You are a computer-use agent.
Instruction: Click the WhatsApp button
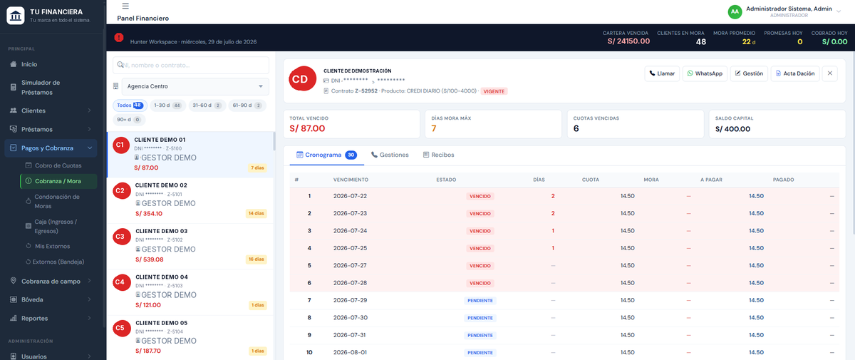(705, 73)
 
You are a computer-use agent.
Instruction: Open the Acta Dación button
(795, 73)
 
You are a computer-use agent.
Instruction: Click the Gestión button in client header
(749, 73)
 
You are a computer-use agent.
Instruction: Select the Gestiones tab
(390, 155)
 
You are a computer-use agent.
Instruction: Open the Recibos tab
(439, 155)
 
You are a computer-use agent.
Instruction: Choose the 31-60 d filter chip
(207, 106)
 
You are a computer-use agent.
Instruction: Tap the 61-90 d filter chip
(247, 106)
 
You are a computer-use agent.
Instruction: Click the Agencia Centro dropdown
(195, 86)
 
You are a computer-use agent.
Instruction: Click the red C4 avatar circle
(122, 282)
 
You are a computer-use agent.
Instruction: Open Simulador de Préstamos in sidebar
(41, 88)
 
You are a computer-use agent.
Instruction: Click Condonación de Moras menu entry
(57, 201)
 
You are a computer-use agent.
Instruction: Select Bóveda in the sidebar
(32, 299)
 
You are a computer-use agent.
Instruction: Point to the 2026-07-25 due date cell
(350, 248)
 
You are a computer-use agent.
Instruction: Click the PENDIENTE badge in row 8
(480, 318)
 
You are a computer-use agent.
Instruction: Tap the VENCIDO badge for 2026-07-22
(480, 196)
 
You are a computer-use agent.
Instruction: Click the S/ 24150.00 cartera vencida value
(628, 41)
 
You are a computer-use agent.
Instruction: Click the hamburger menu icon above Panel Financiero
(125, 6)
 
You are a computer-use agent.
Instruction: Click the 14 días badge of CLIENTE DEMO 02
(256, 213)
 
